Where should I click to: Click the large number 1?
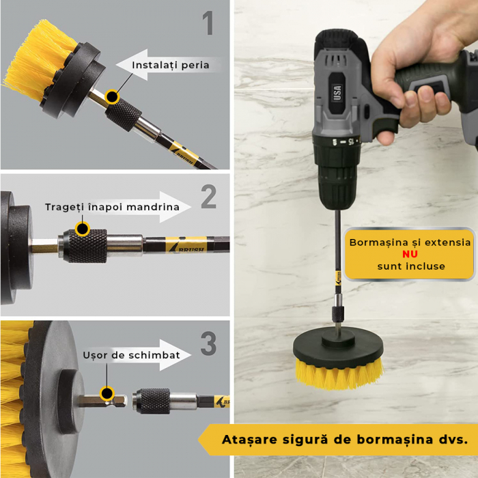point(208,23)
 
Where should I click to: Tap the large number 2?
point(209,197)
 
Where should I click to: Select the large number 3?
point(208,343)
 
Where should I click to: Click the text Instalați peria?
point(171,66)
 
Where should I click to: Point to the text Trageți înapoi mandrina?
point(112,208)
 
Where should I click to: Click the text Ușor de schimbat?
point(131,355)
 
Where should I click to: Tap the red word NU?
point(410,254)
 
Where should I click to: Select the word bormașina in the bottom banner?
point(395,440)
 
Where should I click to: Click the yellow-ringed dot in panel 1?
point(112,97)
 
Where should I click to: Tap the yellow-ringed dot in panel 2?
point(83,229)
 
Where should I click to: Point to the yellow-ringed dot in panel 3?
point(107,393)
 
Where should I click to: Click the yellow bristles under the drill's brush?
point(339,374)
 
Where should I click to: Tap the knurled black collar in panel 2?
point(87,246)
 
